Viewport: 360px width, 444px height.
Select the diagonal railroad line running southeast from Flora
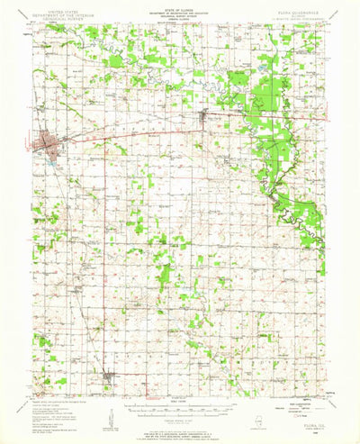tap(72, 180)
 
